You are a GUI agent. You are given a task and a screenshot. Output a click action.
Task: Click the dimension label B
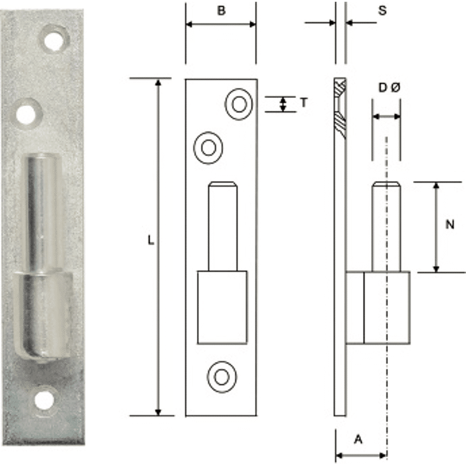tap(221, 12)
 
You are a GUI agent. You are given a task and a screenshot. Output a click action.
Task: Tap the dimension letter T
tap(303, 103)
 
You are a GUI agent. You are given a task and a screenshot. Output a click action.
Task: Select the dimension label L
tap(150, 240)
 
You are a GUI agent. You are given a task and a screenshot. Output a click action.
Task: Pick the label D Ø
tap(389, 88)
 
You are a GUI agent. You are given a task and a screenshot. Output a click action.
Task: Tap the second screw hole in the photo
tap(26, 113)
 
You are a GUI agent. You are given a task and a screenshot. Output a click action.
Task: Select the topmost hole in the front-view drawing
tap(238, 104)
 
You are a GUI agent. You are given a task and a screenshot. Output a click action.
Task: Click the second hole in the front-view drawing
tap(208, 147)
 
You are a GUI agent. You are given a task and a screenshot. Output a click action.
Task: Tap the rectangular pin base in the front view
tap(222, 307)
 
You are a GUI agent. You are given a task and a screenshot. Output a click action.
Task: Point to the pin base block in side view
tap(378, 307)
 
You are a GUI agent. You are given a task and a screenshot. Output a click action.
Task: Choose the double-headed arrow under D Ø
tap(386, 116)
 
